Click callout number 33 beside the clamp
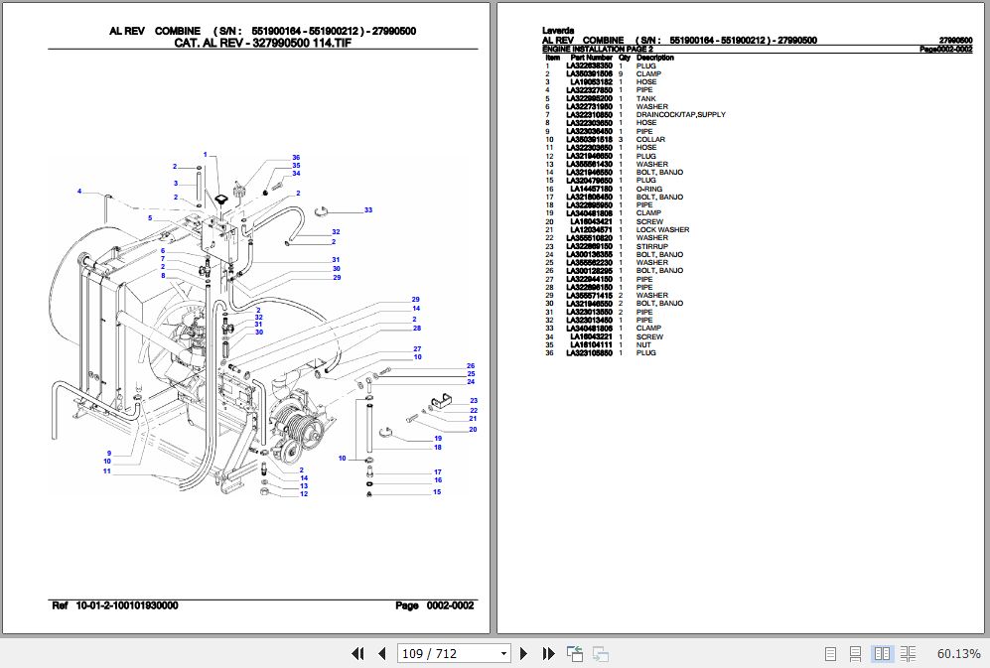(x=367, y=210)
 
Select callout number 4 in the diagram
(x=78, y=191)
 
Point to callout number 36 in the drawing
(x=296, y=158)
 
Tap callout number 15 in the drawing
(x=436, y=492)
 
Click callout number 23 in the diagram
(x=474, y=401)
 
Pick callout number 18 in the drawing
(x=437, y=448)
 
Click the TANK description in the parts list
(x=645, y=99)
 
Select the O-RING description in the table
(x=648, y=190)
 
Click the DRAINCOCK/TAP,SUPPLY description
(x=680, y=115)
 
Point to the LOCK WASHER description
(x=662, y=230)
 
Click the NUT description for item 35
(x=643, y=345)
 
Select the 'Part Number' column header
(x=591, y=58)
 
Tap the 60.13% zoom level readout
(x=958, y=653)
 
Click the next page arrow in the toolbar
(x=524, y=653)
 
